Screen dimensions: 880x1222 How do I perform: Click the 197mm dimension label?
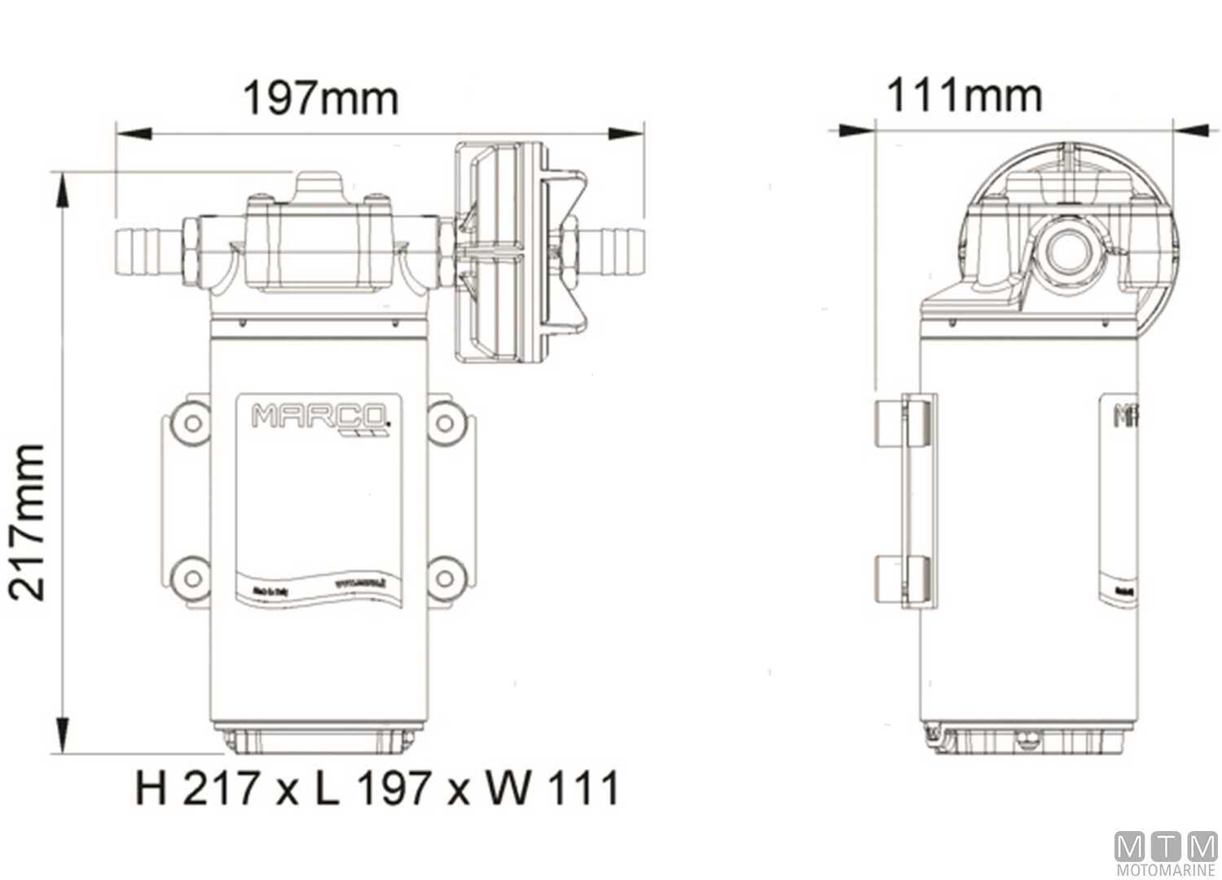click(x=321, y=99)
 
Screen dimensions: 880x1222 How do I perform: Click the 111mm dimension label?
click(x=964, y=95)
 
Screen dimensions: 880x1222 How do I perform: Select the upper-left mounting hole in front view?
click(x=193, y=422)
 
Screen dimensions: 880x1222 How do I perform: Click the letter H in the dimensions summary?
click(x=152, y=788)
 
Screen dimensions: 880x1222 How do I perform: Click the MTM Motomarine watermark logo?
click(x=1165, y=852)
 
